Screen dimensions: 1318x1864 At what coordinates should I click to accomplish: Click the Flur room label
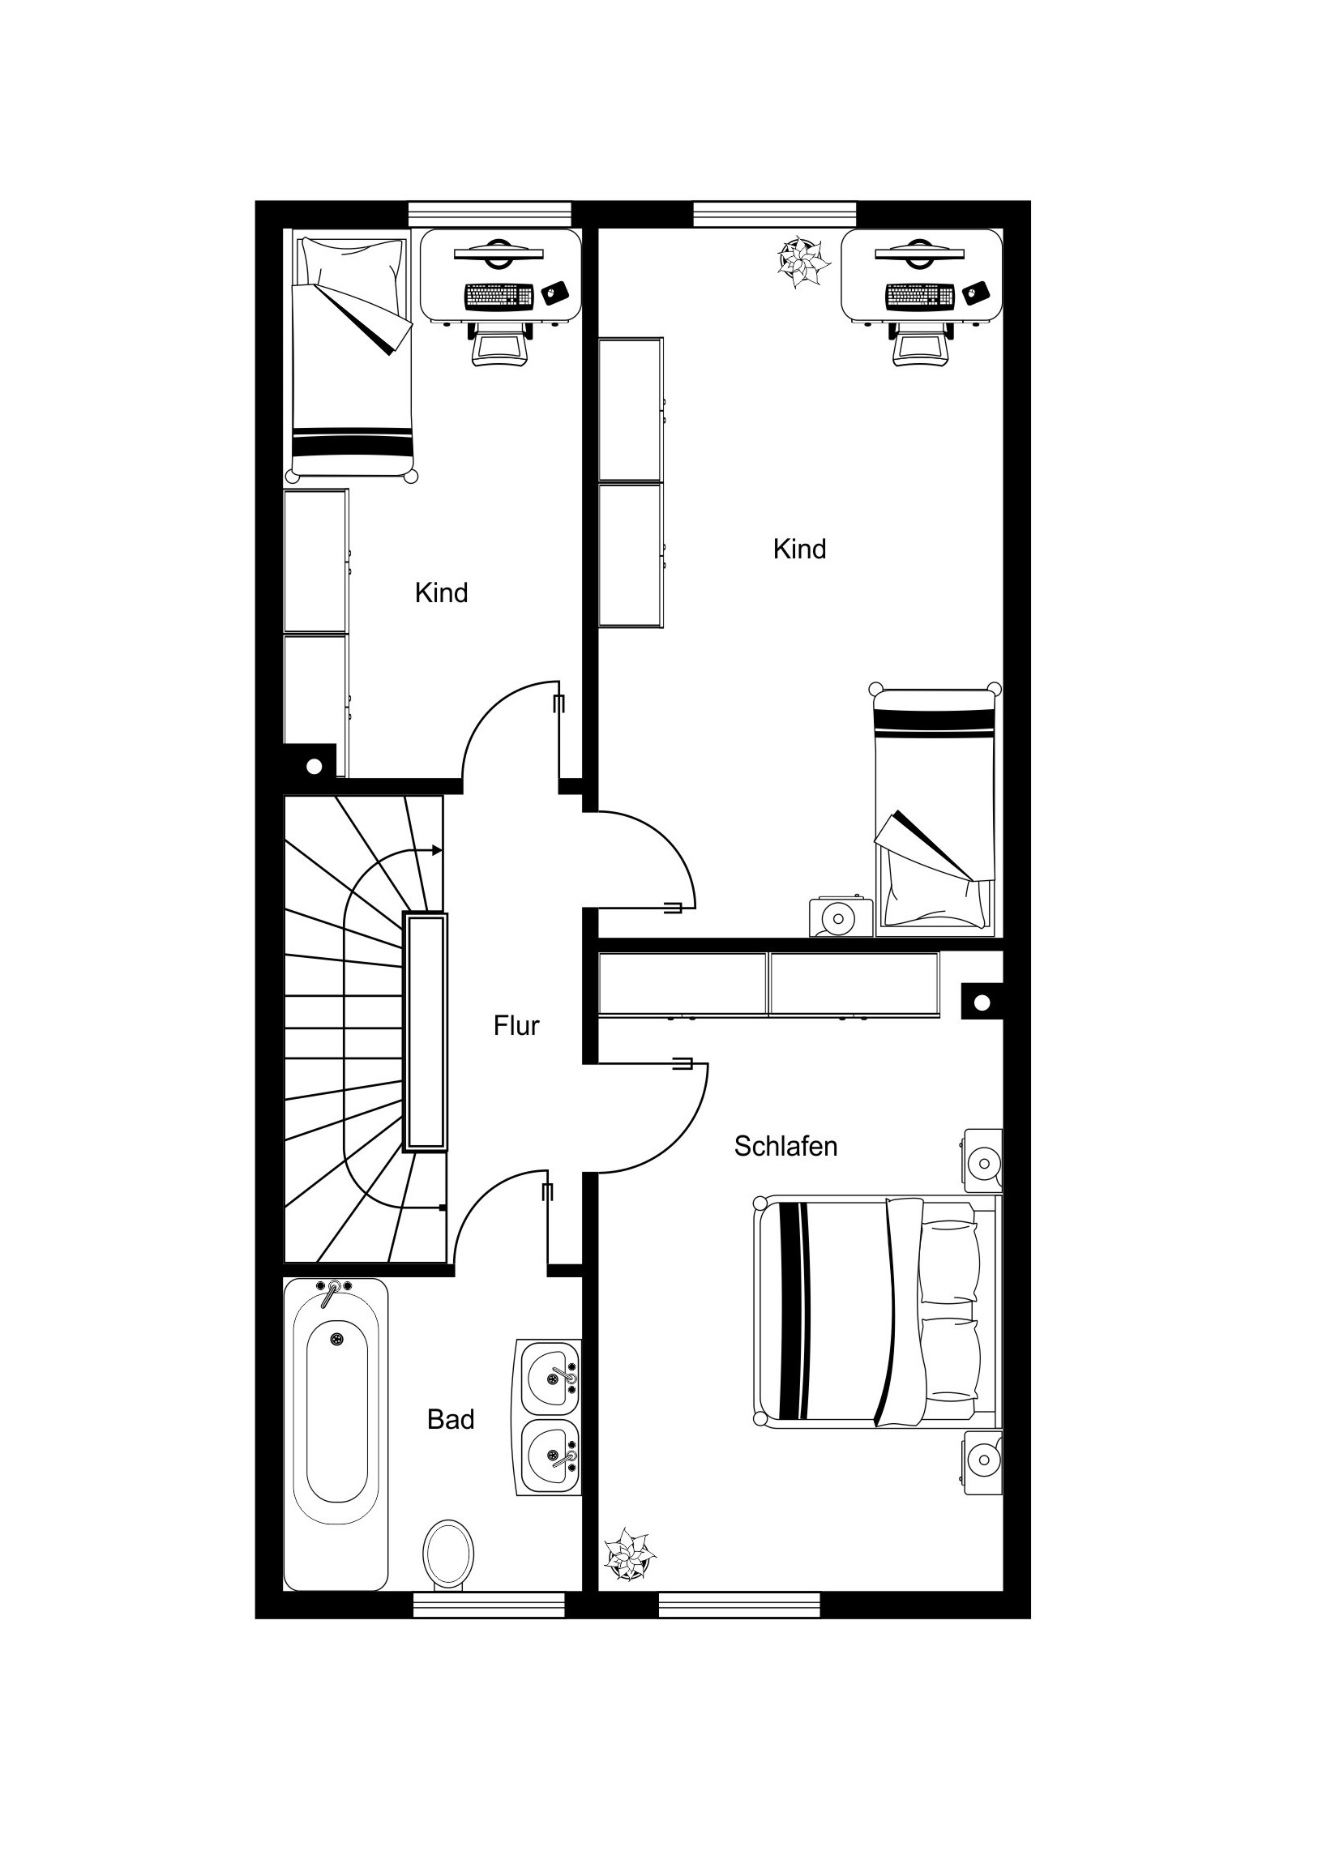tap(516, 1026)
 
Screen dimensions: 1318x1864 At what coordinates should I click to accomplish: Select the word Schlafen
tap(785, 1146)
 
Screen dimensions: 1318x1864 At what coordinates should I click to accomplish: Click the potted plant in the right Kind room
tap(803, 262)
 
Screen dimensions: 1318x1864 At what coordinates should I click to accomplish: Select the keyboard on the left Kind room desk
tap(499, 297)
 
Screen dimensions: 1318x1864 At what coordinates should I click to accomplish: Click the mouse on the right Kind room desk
tap(976, 293)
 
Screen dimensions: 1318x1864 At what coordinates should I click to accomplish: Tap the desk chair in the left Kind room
tap(499, 344)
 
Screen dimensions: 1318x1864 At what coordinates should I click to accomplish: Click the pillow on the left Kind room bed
tap(352, 263)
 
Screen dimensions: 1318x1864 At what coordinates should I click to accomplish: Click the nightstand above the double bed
tap(983, 1161)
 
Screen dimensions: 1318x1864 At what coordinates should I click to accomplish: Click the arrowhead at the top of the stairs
tap(438, 850)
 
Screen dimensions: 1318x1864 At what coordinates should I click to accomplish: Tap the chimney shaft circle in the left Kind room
tap(315, 766)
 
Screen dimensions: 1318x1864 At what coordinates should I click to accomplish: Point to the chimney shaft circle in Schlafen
tap(982, 1003)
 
